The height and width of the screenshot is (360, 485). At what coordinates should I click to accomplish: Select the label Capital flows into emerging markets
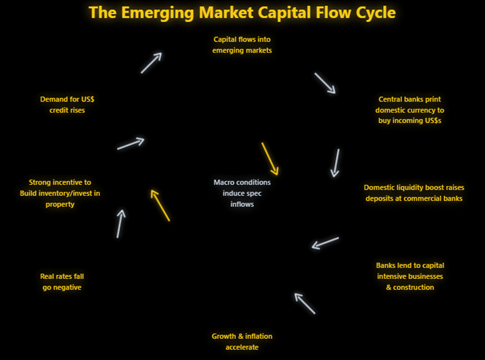click(242, 45)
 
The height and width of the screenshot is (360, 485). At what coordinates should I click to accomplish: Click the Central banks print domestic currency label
click(410, 110)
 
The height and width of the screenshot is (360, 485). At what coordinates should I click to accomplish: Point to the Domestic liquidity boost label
click(414, 193)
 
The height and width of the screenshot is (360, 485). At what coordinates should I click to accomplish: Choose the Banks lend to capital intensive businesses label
click(410, 276)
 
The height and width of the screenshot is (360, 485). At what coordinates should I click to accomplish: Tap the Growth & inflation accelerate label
click(242, 341)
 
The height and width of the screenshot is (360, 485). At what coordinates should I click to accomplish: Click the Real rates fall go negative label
click(62, 281)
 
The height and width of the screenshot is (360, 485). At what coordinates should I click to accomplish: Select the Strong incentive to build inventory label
click(60, 193)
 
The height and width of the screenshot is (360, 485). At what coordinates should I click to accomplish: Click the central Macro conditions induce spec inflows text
click(242, 193)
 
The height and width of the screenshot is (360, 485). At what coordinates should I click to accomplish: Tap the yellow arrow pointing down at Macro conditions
click(270, 159)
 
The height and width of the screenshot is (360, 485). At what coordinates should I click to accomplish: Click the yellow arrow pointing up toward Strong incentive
click(160, 205)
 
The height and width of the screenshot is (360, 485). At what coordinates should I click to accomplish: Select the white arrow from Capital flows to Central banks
click(325, 83)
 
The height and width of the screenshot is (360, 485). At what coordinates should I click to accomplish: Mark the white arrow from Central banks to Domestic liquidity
click(335, 163)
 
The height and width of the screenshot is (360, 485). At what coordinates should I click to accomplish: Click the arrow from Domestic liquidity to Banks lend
click(325, 243)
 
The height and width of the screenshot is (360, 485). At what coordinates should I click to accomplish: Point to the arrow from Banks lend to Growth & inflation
click(305, 303)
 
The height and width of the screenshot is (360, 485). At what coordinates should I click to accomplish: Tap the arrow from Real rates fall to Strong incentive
click(121, 224)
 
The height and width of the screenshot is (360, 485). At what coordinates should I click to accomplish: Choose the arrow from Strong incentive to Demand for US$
click(130, 143)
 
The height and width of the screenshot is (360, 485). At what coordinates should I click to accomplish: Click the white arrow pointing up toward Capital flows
click(151, 63)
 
